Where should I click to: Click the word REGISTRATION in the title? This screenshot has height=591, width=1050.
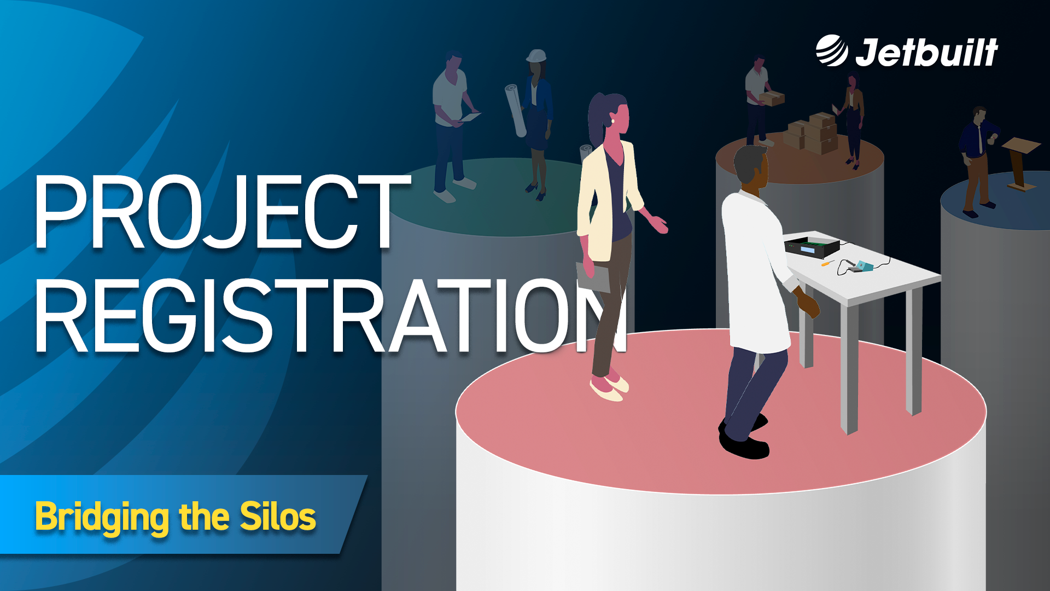pos(328,316)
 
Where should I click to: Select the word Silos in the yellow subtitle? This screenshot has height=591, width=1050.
pos(278,516)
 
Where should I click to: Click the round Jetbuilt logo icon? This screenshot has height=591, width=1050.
pos(831,51)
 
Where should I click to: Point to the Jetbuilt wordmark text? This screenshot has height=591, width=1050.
pos(927,53)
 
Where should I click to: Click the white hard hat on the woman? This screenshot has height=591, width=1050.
pos(536,56)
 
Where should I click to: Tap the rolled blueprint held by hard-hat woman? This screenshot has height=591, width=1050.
pos(515,109)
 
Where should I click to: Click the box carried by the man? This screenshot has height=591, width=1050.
pos(771,99)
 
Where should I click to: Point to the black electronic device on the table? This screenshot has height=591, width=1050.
pos(812,246)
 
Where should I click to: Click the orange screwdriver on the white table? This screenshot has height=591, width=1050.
pos(826,264)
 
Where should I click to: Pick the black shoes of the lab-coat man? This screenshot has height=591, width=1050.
pos(744,441)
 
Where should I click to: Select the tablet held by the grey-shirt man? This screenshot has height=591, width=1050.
pos(469,117)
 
